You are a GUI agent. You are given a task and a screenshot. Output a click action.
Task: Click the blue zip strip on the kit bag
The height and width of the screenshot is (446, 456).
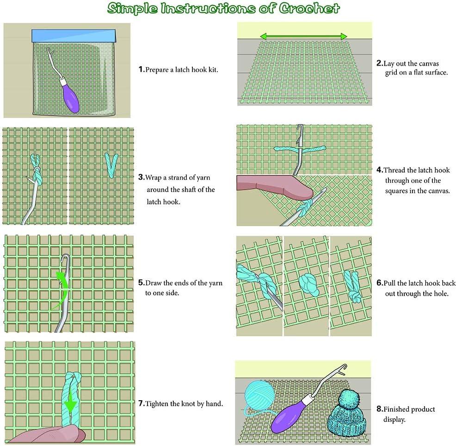click(x=73, y=35)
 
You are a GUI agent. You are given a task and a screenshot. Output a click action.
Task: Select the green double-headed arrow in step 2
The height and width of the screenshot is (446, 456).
click(x=303, y=36)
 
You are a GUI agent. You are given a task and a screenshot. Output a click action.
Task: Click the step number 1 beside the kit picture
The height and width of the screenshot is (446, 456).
click(x=141, y=70)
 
